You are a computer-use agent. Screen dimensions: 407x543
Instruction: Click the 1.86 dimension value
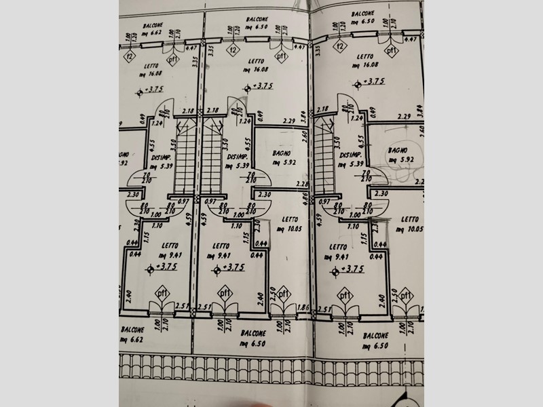click(x=303, y=307)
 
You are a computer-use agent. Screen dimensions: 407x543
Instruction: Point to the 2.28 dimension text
click(x=302, y=183)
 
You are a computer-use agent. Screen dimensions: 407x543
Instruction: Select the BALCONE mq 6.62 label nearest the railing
click(x=131, y=334)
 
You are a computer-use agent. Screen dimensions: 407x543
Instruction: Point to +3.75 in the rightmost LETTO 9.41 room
click(x=352, y=269)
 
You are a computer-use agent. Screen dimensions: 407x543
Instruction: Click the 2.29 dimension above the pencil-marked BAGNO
click(x=405, y=116)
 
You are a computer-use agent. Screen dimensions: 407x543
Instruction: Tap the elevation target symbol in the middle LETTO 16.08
click(x=248, y=87)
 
